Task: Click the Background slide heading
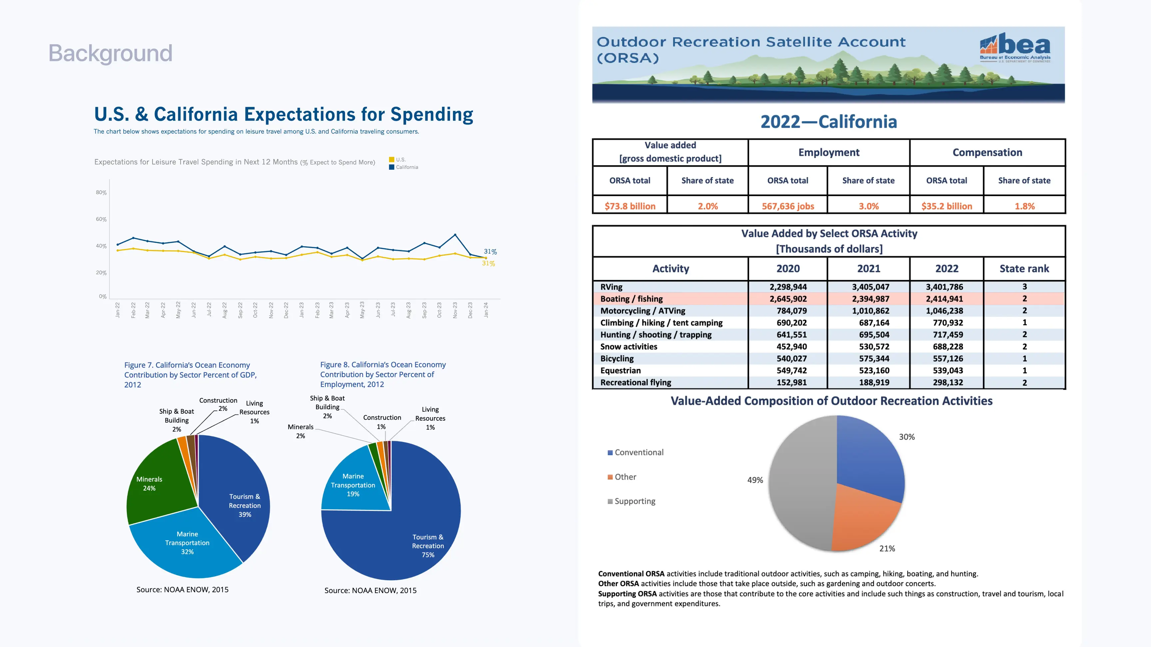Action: (110, 53)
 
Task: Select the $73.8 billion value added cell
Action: (629, 206)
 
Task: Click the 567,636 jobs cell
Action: (788, 206)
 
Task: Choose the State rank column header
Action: (1024, 268)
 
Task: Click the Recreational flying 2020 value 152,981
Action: (791, 382)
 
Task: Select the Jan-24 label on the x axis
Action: (486, 310)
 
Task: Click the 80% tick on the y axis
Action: (101, 192)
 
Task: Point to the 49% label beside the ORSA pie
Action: (755, 480)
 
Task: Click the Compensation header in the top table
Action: (987, 152)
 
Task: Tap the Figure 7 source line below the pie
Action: (182, 589)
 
